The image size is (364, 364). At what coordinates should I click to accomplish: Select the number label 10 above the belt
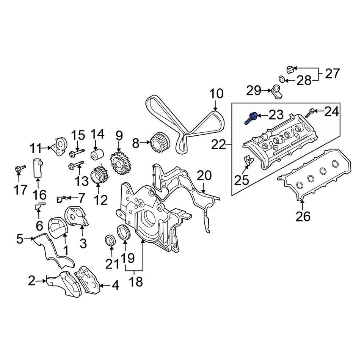tap(217, 94)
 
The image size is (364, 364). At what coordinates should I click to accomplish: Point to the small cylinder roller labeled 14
tap(96, 155)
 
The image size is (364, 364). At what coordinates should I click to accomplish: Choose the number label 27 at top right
tap(332, 73)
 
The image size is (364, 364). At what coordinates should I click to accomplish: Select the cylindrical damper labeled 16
tap(37, 168)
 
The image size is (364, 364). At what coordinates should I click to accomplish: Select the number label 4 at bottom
tap(115, 285)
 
